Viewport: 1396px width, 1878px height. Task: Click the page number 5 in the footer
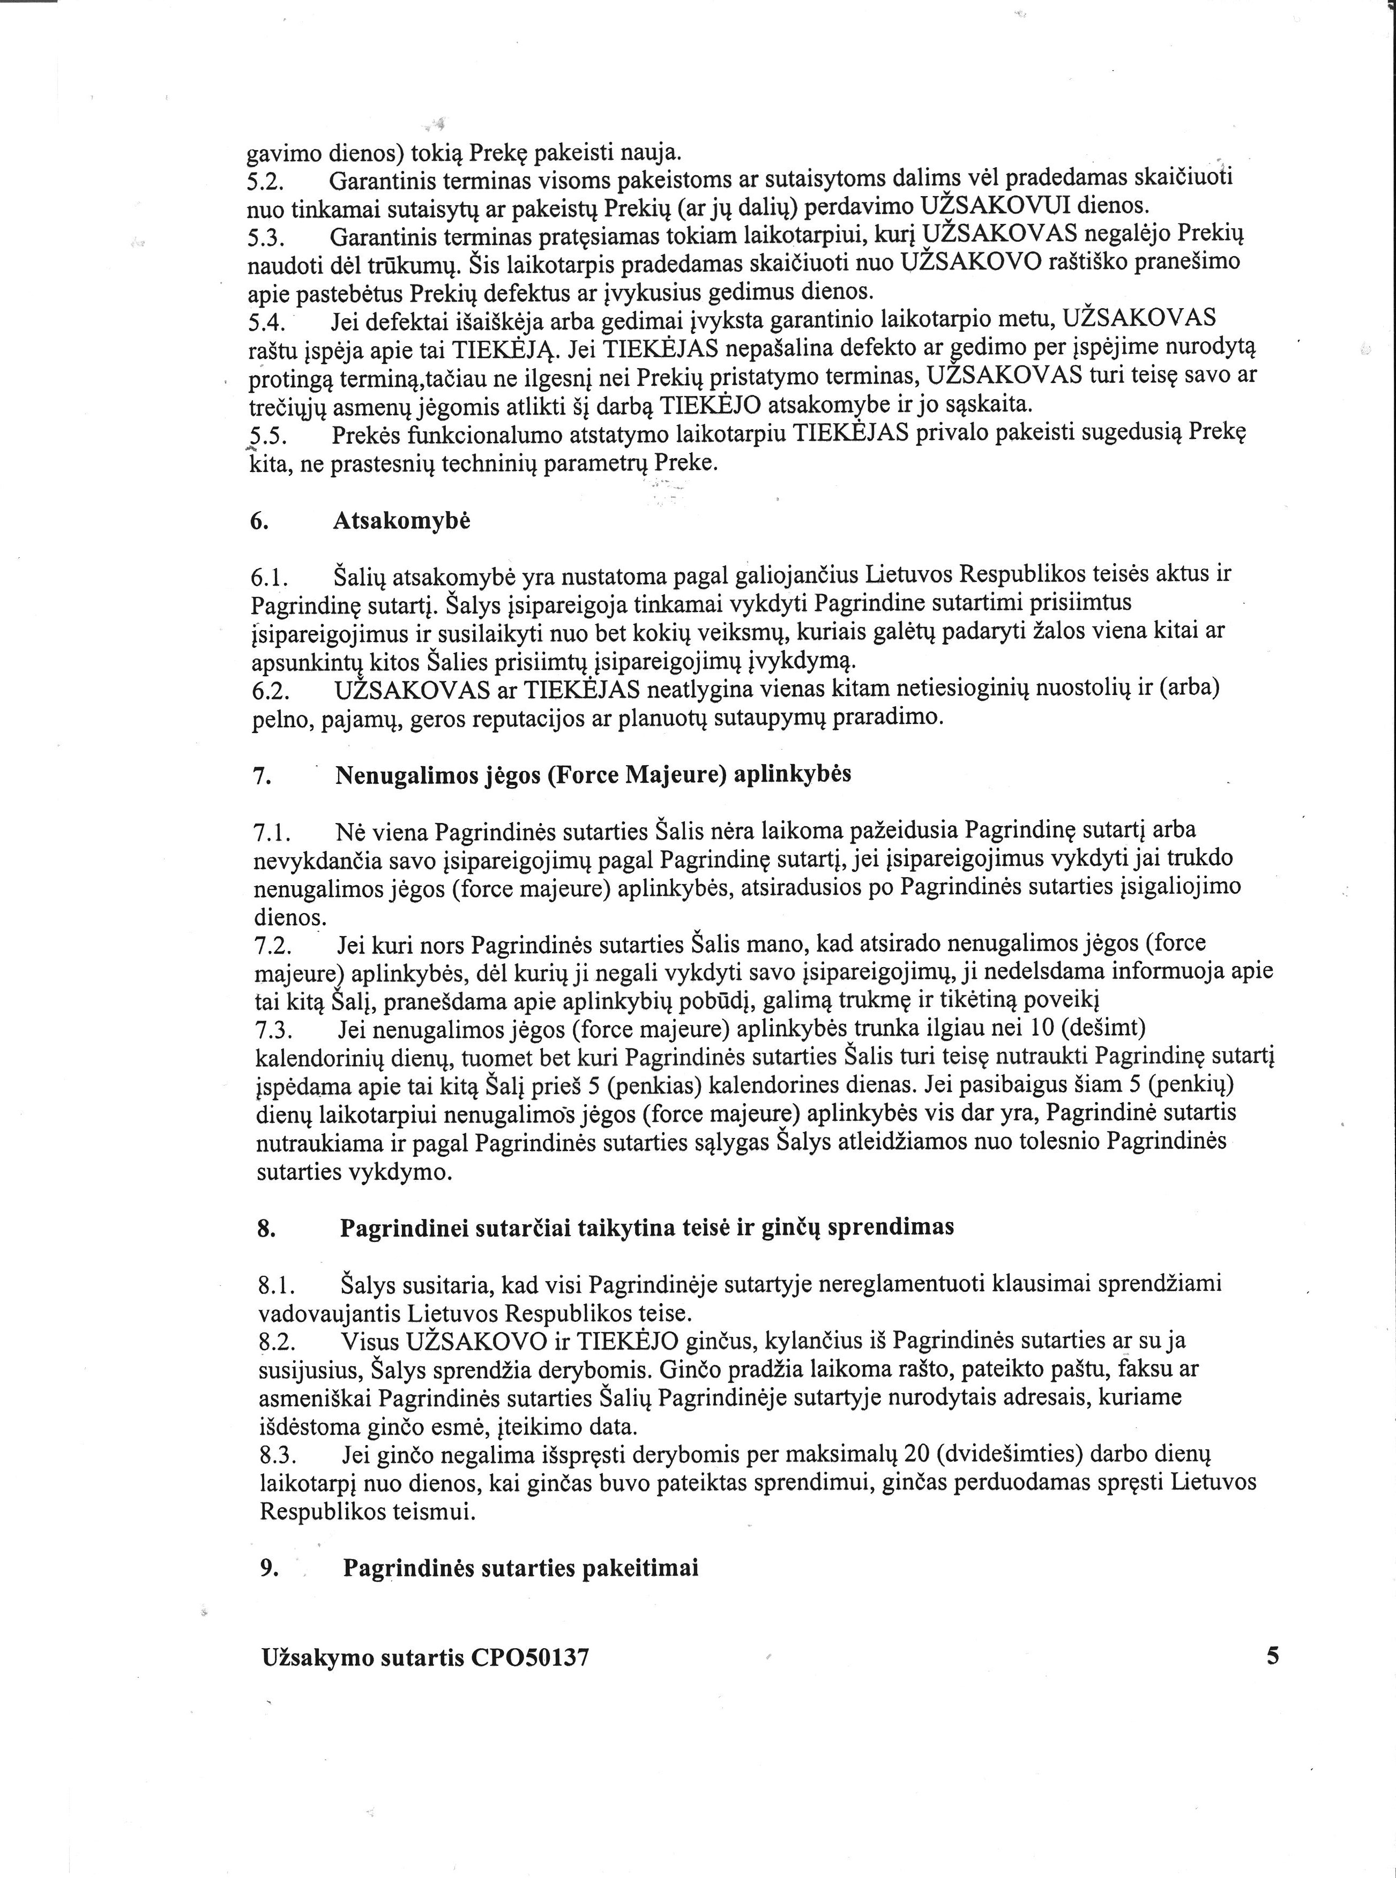point(1273,1655)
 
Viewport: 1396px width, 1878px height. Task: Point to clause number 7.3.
point(272,1030)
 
